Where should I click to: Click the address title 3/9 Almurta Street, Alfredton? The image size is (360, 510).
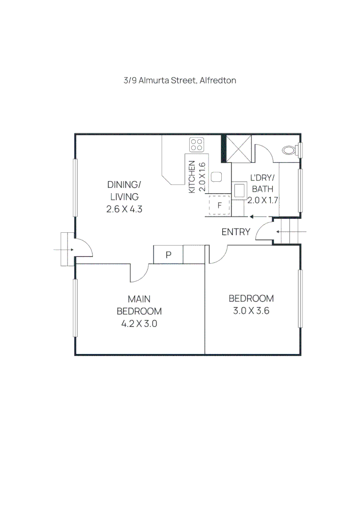pyautogui.click(x=180, y=80)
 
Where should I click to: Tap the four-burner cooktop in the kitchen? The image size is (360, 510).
pyautogui.click(x=197, y=144)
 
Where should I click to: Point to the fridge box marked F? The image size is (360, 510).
pyautogui.click(x=219, y=205)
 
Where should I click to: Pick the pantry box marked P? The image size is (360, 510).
pyautogui.click(x=168, y=255)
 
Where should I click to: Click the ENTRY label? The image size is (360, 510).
pyautogui.click(x=236, y=232)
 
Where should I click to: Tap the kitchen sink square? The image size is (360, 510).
pyautogui.click(x=216, y=178)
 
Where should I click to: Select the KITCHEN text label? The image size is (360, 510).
pyautogui.click(x=192, y=177)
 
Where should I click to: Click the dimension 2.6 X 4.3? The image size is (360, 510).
pyautogui.click(x=125, y=209)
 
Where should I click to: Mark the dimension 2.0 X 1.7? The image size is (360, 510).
pyautogui.click(x=263, y=200)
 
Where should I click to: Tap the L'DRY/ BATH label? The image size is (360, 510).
pyautogui.click(x=262, y=183)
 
